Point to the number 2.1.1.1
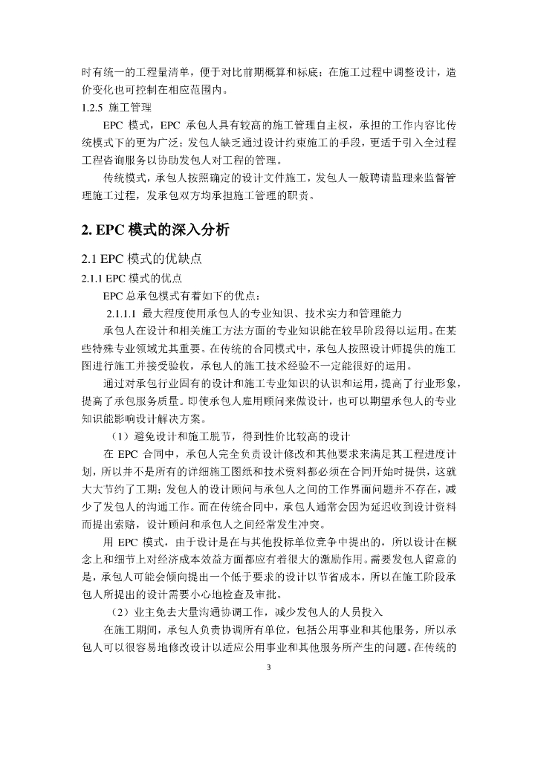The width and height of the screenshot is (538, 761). (x=122, y=311)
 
